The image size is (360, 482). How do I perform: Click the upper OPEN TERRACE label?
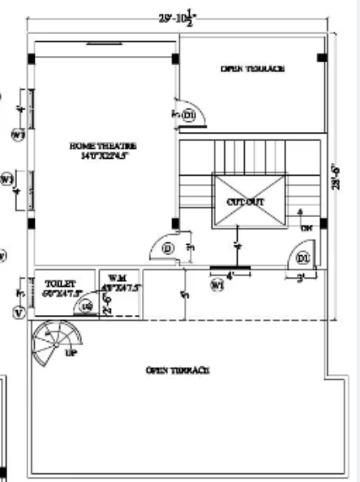252,69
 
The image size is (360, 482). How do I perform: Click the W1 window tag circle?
217,284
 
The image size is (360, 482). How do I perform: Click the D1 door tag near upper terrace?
189,116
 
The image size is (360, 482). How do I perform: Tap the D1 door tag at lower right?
303,258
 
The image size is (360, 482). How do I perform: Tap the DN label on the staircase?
306,228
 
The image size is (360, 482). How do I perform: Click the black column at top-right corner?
321,58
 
